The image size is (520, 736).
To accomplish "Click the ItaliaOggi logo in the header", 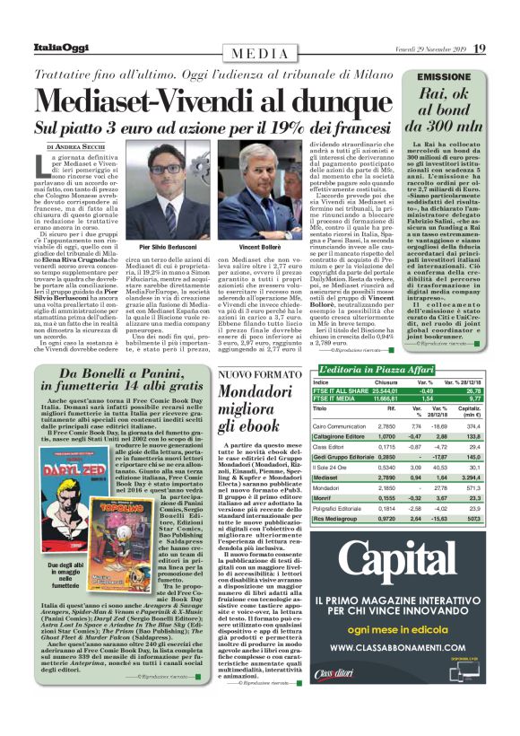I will (61, 48).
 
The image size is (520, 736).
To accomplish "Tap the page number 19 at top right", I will (480, 48).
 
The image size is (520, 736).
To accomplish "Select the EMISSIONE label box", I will (444, 78).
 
